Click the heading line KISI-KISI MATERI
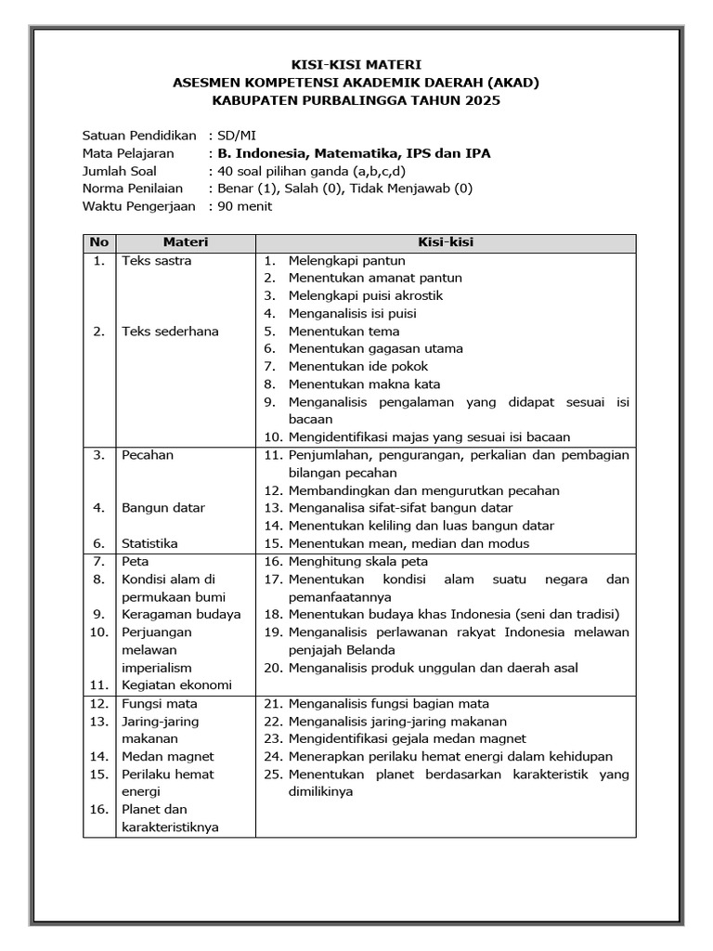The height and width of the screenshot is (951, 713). (356, 65)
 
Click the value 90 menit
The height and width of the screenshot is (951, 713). (244, 206)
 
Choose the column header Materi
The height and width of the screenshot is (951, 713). (186, 242)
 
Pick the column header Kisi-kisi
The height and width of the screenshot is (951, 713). (446, 242)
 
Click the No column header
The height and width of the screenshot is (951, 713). (98, 242)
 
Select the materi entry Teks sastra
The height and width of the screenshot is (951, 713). (157, 261)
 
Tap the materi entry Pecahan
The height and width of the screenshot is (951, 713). (148, 455)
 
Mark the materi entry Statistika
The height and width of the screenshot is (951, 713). (149, 543)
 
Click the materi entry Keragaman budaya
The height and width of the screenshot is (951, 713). (181, 614)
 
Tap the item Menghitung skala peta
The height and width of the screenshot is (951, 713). (358, 561)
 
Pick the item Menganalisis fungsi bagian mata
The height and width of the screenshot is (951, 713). (389, 703)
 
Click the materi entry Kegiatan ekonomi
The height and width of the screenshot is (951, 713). (176, 684)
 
